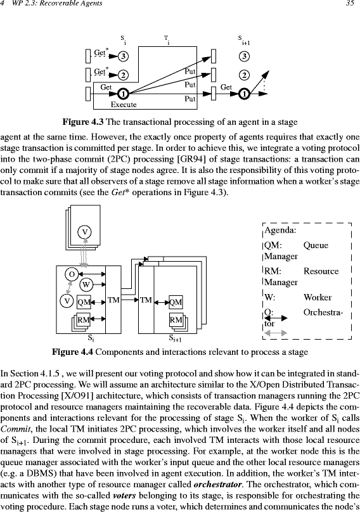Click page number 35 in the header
pos(350,4)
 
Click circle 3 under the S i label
pos(123,56)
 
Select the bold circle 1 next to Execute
pos(123,94)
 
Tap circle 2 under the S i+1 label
pos(244,75)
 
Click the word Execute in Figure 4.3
pos(124,105)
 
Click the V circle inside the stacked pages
pos(84,232)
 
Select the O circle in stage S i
pos(72,274)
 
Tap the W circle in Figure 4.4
pos(86,285)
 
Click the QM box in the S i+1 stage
pos(176,302)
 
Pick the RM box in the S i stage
pos(83,319)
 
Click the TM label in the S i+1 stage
pos(146,300)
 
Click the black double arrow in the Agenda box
pos(276,318)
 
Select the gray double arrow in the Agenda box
pos(276,333)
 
